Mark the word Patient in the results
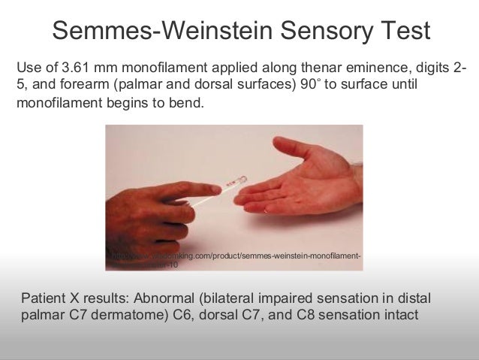point(47,295)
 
